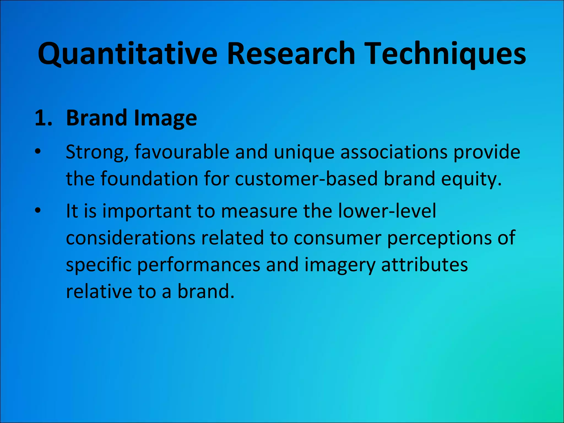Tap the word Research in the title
[291, 54]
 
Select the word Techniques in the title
[446, 54]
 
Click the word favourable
[182, 152]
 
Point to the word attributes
[424, 265]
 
